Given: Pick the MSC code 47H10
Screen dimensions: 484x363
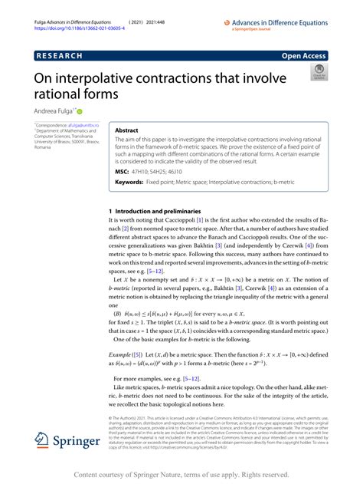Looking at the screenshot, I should (x=148, y=174).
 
